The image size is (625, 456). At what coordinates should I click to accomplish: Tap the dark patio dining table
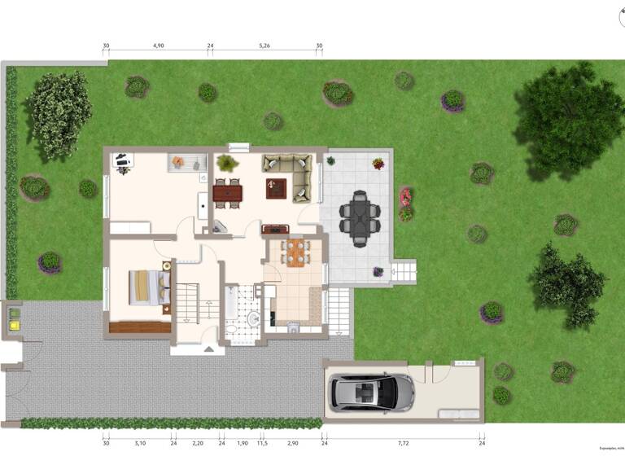coord(359,217)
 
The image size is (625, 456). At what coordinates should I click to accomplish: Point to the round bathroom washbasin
coord(253,318)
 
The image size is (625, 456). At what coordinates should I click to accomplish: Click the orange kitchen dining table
coord(295,252)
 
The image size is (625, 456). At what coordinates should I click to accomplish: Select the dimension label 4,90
coord(158,46)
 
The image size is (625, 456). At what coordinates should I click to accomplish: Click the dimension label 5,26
coord(264,46)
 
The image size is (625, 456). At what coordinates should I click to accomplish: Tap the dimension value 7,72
coord(403,445)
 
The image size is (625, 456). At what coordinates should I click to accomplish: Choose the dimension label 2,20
coord(198,445)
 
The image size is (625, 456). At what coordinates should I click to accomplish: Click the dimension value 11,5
coord(262,445)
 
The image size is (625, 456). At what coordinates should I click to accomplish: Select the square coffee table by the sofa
coord(275,189)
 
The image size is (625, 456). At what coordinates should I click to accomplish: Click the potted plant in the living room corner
coord(227,164)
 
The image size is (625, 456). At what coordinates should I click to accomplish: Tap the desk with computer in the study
coord(123,162)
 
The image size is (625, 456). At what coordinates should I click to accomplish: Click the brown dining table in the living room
coord(228,193)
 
